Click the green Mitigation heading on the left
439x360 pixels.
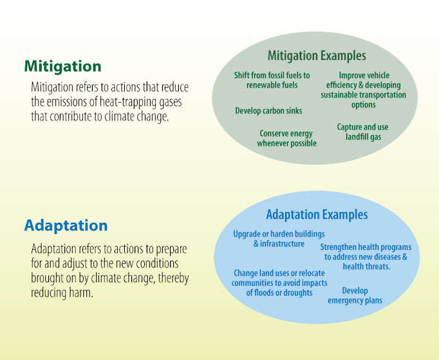pos(62,66)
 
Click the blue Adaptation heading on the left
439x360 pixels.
pos(66,226)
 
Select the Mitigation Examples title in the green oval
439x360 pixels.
pos(317,56)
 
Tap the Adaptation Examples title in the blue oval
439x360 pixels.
pos(317,214)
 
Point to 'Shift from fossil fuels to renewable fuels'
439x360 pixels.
pos(272,80)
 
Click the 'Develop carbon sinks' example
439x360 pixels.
pos(268,111)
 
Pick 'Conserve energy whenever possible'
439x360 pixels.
pos(286,138)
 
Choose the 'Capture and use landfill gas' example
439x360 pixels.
pos(362,132)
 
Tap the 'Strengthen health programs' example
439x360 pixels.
pos(366,256)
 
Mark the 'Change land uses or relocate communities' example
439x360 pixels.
pos(280,283)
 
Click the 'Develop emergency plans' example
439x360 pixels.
pos(355,296)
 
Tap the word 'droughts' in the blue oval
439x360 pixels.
pos(296,292)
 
